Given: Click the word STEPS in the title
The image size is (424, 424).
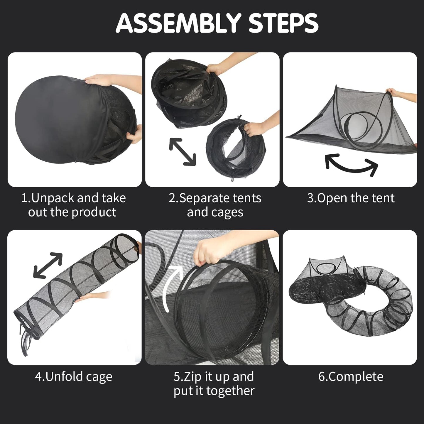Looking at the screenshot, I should [283, 23].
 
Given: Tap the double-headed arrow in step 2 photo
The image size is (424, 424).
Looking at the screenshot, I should [183, 152].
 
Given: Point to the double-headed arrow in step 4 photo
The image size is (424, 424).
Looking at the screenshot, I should [48, 265].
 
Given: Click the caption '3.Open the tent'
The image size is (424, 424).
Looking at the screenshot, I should [351, 198].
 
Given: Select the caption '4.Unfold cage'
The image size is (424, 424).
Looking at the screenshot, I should [74, 376].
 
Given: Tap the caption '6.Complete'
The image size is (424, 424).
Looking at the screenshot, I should [351, 376].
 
